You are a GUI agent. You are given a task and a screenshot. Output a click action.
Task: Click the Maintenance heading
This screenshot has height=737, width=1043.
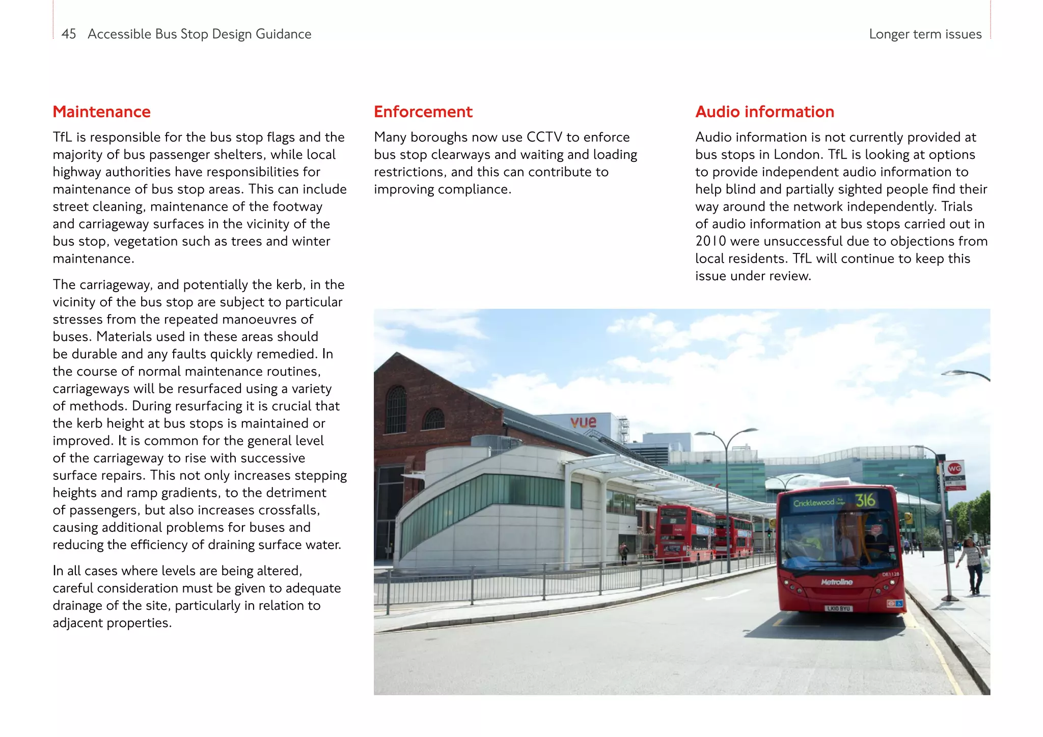point(101,112)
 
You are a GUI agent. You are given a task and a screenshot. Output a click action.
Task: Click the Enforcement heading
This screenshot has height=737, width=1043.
point(423,112)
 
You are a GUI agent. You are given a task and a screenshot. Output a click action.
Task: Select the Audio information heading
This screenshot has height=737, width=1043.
point(764,112)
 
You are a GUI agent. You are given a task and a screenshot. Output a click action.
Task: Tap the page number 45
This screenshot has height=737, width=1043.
point(69,34)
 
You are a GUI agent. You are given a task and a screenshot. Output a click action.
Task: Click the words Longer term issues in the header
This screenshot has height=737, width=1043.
point(925,34)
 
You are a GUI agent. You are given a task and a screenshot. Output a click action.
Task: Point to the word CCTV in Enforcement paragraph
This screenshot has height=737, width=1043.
point(544,137)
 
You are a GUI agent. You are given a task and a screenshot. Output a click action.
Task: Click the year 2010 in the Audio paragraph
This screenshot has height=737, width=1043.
point(710,241)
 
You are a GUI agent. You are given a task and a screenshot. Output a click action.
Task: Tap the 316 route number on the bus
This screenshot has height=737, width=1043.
point(865,500)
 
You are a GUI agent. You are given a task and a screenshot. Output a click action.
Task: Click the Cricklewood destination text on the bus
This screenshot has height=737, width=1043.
point(814,503)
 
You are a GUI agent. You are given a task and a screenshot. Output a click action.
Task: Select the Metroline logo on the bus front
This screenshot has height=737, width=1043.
point(837,582)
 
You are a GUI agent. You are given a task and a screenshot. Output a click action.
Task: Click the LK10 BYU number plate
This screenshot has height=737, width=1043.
point(838,608)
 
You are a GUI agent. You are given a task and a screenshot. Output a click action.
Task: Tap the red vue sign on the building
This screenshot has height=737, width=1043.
point(584,422)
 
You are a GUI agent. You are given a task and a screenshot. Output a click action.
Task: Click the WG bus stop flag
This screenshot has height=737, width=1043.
point(954,469)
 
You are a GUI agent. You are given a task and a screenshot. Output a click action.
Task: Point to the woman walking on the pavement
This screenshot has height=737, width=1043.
point(973,565)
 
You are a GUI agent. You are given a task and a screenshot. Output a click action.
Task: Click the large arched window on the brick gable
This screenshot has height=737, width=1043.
point(396,410)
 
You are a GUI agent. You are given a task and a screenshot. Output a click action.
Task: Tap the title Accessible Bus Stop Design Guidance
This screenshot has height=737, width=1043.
point(199,34)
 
